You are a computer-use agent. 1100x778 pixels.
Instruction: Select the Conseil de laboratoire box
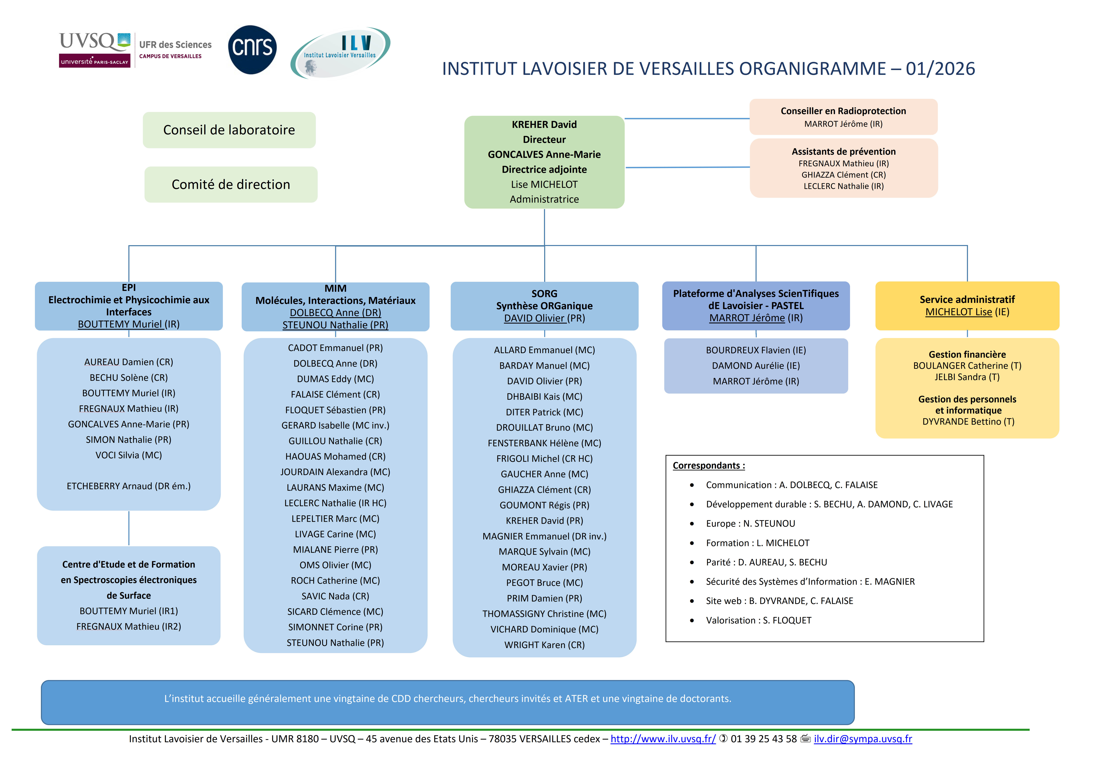229,130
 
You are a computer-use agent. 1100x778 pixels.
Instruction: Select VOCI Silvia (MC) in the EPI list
128,455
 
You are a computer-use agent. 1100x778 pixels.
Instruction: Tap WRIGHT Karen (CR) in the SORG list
544,645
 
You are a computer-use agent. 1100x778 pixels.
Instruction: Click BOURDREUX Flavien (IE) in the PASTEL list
756,350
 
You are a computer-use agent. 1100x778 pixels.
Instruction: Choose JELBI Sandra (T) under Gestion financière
967,377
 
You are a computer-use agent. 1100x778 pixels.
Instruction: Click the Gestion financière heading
967,354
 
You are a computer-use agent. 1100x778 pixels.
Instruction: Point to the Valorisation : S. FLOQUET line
758,620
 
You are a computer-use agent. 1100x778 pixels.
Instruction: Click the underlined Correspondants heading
708,466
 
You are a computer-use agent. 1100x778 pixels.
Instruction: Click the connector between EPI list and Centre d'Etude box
129,528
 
